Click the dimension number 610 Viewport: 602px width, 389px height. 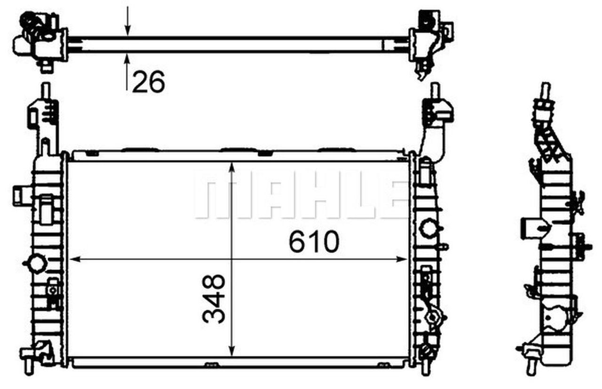point(313,242)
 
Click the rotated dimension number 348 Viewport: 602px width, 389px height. point(214,299)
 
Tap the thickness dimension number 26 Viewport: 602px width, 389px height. point(148,83)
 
